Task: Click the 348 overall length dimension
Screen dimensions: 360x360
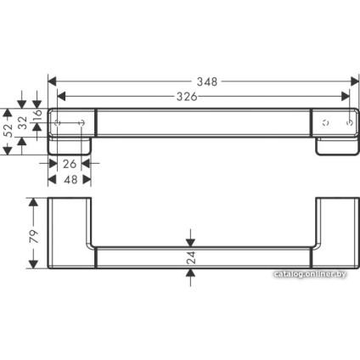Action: click(204, 82)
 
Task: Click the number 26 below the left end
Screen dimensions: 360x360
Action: click(70, 163)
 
